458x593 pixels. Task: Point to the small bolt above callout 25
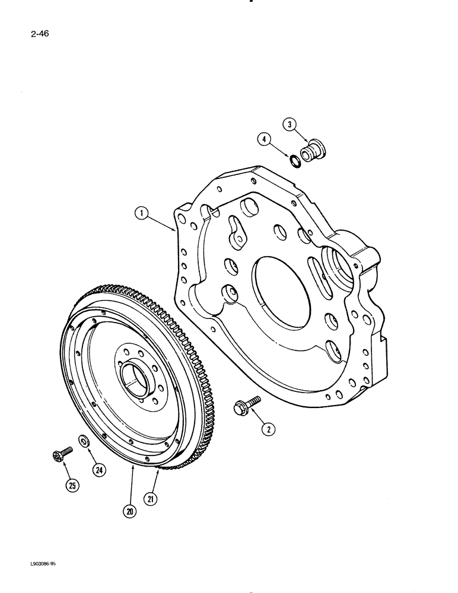pyautogui.click(x=61, y=455)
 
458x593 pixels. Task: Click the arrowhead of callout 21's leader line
pyautogui.click(x=158, y=471)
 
